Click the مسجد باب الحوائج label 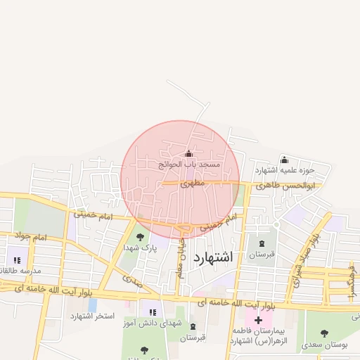[188, 164]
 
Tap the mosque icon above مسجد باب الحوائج [188, 154]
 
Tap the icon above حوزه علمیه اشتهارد [284, 160]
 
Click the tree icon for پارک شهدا [140, 237]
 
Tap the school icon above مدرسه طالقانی [17, 260]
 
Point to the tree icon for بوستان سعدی [324, 334]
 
